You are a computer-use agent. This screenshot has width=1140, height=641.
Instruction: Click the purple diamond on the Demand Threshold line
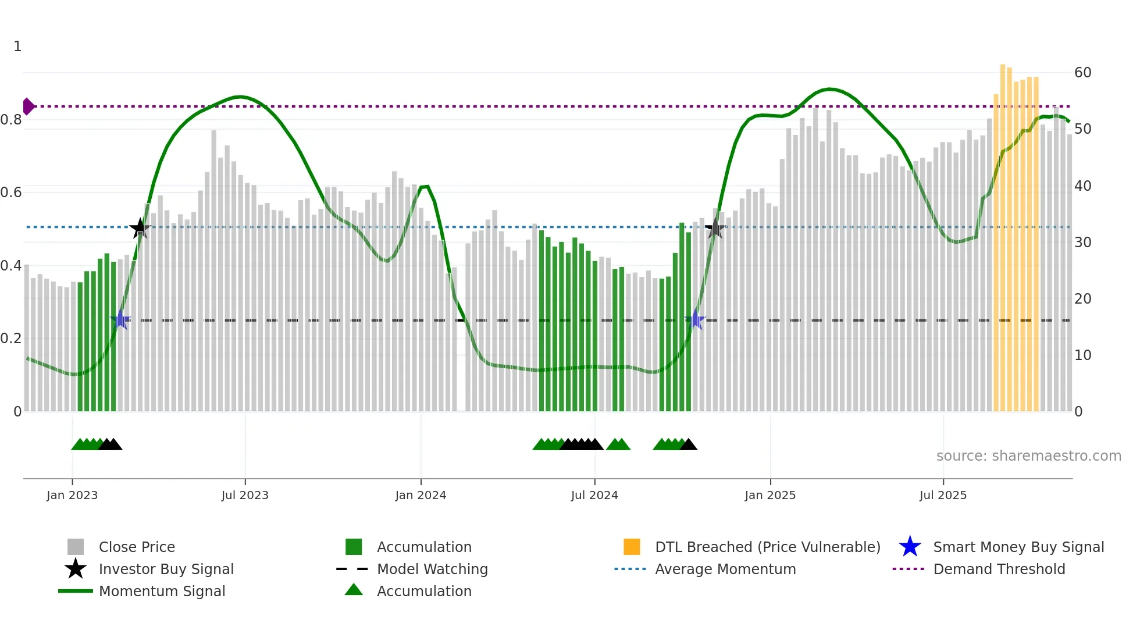tap(28, 106)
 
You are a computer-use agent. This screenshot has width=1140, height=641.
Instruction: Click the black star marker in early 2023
tap(140, 229)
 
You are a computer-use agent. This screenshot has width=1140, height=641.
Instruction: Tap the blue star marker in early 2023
tap(120, 319)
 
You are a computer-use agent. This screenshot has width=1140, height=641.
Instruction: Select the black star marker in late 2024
tap(715, 229)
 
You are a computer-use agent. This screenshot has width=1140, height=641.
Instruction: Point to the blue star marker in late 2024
tap(696, 319)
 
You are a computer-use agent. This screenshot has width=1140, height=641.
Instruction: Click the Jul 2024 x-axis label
tap(594, 495)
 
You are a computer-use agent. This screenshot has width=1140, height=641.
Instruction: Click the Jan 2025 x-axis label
tap(770, 495)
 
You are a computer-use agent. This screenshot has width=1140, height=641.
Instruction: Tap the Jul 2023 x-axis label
tap(245, 495)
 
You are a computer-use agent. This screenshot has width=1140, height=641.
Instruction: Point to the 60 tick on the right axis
tap(1082, 73)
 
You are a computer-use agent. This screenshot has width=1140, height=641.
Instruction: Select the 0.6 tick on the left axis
tap(12, 193)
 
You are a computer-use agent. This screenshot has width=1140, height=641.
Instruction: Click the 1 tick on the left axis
tap(17, 47)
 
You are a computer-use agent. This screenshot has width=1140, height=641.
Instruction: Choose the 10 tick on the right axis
tap(1082, 355)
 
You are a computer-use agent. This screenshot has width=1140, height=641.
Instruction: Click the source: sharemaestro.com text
tap(1028, 456)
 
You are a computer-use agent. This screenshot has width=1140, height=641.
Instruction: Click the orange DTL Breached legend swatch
tap(632, 547)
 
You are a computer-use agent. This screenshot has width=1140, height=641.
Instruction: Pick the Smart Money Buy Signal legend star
tap(910, 547)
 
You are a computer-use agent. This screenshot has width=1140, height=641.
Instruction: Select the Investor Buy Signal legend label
tap(166, 569)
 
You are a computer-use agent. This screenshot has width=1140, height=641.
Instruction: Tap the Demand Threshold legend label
tap(999, 569)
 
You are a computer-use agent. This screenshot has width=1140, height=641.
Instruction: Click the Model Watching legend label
tap(432, 569)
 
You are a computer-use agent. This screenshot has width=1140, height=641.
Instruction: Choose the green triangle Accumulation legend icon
tap(354, 590)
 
